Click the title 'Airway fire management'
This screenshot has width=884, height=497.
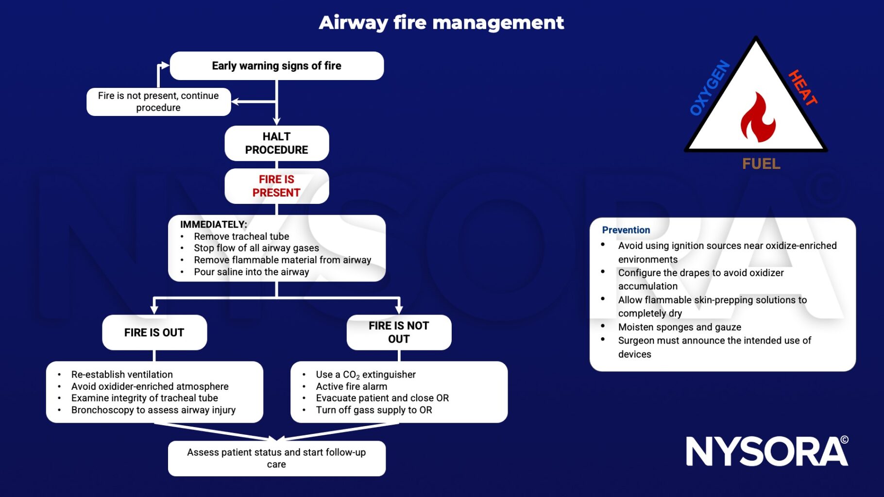(x=441, y=23)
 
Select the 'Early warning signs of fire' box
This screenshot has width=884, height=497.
(x=276, y=66)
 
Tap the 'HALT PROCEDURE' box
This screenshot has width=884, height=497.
(x=276, y=143)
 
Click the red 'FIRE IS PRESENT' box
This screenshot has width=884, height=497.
(x=276, y=186)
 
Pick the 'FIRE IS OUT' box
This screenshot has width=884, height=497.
(x=154, y=332)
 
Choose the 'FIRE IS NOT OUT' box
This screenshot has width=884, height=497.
(x=398, y=332)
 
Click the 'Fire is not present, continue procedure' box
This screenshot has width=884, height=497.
(x=158, y=101)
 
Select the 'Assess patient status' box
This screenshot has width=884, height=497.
(x=276, y=458)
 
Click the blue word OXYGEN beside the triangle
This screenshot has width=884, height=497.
(x=710, y=87)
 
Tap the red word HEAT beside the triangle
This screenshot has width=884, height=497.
(x=802, y=87)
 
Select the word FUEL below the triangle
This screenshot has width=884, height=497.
(x=761, y=164)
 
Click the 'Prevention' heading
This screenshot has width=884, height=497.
(x=626, y=230)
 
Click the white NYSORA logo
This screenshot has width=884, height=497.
(x=766, y=451)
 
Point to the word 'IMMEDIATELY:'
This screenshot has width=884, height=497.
(x=213, y=224)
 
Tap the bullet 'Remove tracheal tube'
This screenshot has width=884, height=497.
(x=241, y=236)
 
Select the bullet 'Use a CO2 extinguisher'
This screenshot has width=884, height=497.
(x=365, y=375)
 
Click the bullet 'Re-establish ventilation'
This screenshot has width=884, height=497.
(x=122, y=375)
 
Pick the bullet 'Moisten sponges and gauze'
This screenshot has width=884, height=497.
(x=679, y=327)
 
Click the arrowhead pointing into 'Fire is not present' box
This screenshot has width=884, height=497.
(x=235, y=101)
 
